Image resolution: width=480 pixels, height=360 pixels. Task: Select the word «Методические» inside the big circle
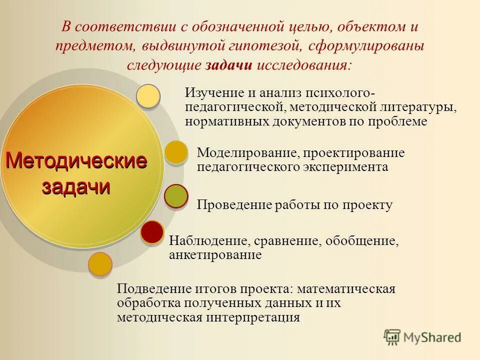coord(76,161)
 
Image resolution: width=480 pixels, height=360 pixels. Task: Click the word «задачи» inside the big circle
coord(76,186)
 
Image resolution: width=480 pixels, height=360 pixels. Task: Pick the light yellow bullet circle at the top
coord(148,96)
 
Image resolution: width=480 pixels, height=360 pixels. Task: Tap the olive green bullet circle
coord(176,196)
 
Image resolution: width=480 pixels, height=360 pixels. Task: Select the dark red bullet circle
coord(152,232)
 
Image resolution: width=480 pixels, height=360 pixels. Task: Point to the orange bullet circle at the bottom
coord(100,264)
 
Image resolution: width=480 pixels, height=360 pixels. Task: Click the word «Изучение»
coord(212,93)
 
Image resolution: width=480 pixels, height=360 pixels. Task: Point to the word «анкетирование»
coord(215,255)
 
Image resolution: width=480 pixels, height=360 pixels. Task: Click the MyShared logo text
coord(432,337)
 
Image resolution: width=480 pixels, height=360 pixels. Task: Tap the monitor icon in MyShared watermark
coord(392,337)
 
